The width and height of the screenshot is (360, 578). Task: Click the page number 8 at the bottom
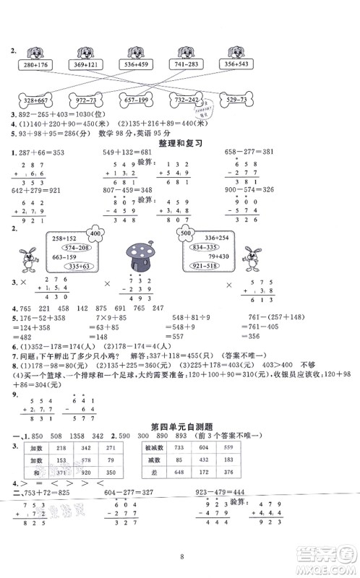179,559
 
